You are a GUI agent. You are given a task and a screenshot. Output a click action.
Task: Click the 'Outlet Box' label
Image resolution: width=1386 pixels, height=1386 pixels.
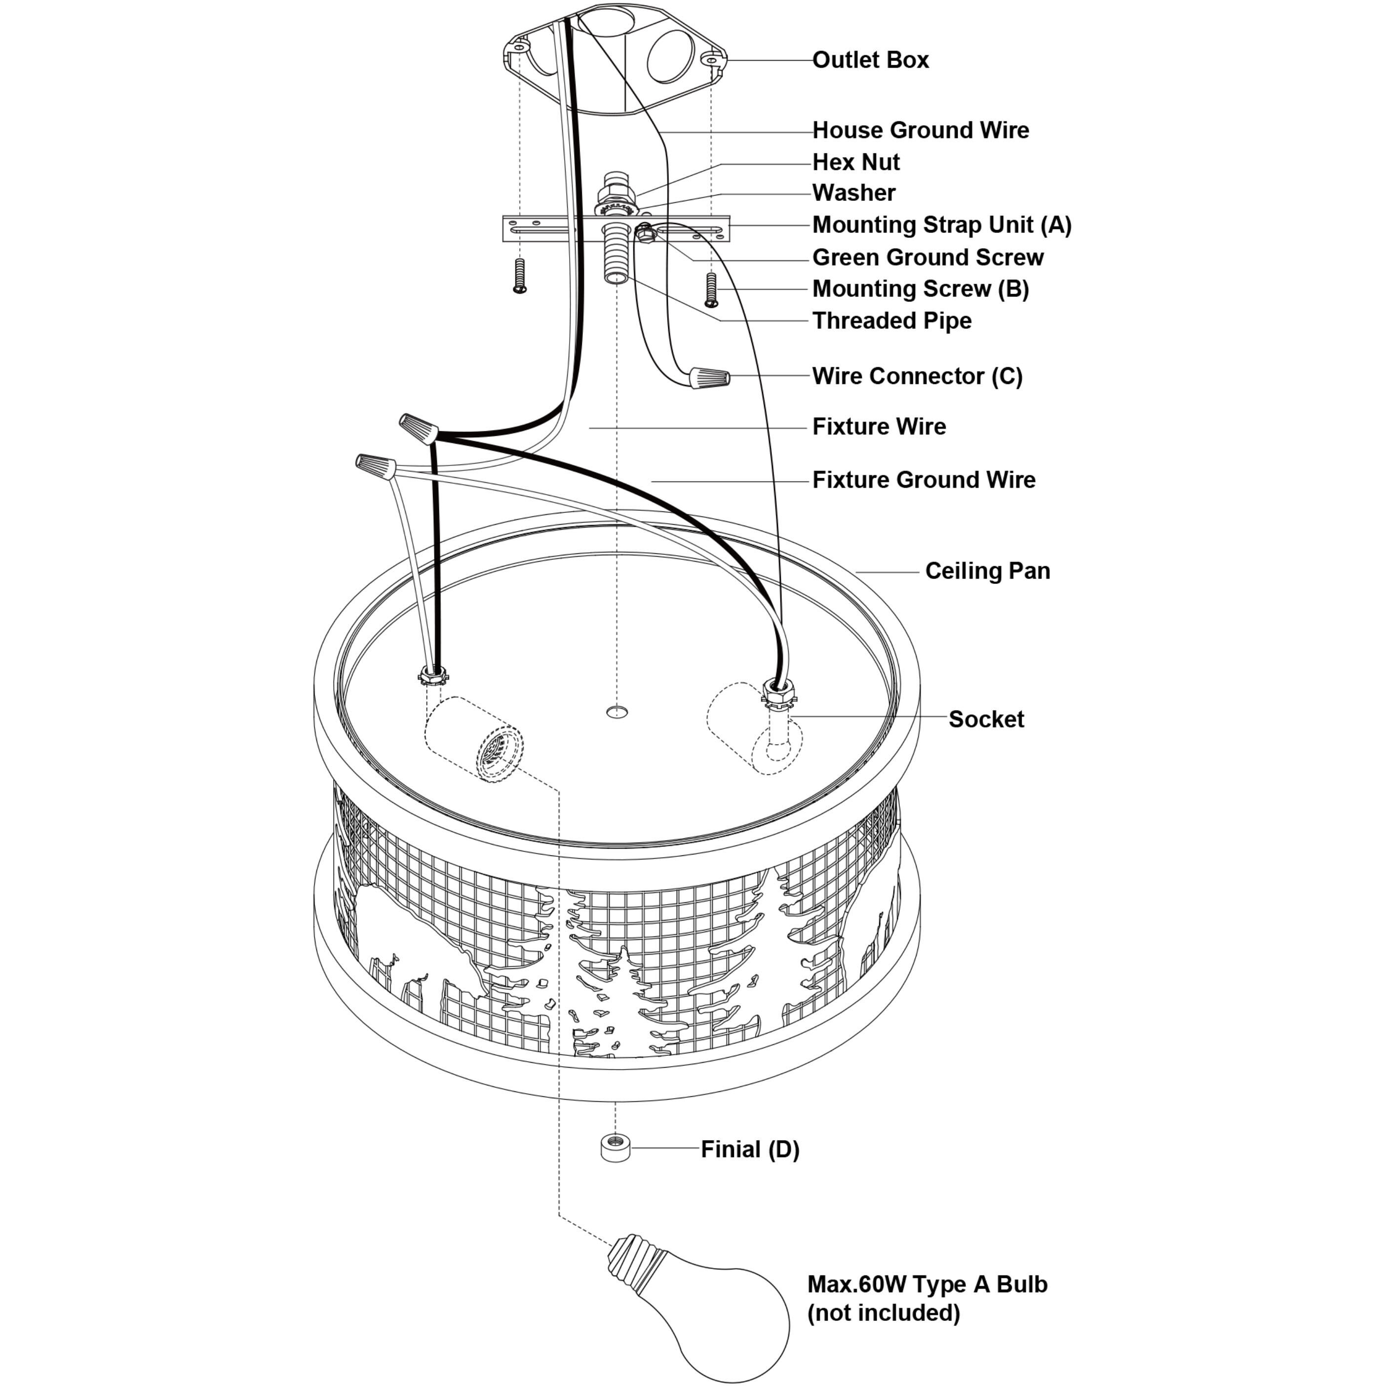pos(870,60)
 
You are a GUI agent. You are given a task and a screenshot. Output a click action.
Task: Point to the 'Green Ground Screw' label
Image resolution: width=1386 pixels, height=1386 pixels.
pos(927,258)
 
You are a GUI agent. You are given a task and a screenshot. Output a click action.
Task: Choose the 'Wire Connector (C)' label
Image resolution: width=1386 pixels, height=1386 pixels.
pos(917,377)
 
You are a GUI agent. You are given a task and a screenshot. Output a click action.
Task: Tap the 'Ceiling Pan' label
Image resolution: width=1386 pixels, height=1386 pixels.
pos(987,571)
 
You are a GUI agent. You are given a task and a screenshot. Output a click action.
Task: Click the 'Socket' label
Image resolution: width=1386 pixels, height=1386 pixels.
pos(986,720)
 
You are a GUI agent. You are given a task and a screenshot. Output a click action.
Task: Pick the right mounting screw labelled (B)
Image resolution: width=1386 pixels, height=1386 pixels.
pos(711,289)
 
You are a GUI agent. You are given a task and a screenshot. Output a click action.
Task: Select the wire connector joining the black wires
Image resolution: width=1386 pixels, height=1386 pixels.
pos(419,428)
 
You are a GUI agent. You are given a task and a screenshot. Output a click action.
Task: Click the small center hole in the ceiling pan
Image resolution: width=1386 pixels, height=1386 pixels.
pos(616,712)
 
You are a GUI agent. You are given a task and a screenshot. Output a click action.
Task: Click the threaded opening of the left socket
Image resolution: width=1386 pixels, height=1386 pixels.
pos(497,753)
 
